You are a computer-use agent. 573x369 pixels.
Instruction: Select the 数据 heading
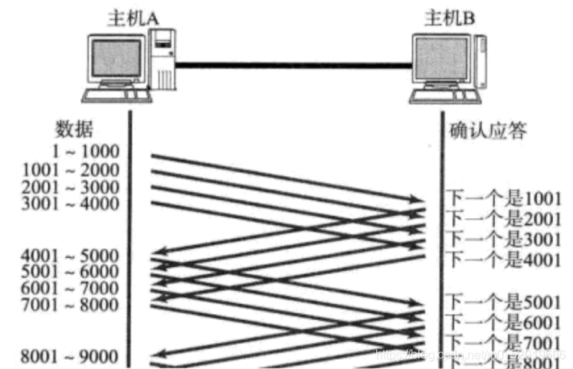coord(75,129)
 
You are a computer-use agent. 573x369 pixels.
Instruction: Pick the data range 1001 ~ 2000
coord(72,169)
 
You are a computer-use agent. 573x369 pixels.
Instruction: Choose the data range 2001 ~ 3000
coord(72,187)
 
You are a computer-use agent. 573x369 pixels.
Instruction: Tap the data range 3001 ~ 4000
coord(72,204)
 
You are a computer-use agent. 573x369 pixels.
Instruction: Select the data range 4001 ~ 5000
coord(72,255)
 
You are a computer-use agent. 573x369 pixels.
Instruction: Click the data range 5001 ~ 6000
coord(72,272)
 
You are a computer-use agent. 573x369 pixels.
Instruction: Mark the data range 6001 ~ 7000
coord(72,289)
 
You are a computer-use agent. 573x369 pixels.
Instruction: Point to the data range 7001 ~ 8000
coord(72,305)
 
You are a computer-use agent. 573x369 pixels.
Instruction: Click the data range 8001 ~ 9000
coord(72,356)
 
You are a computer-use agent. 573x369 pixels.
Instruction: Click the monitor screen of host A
coord(115,57)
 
